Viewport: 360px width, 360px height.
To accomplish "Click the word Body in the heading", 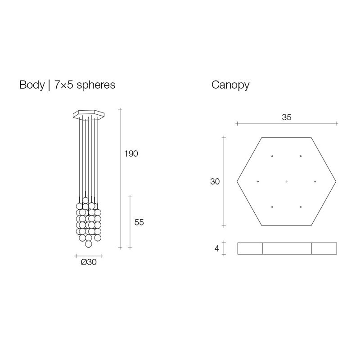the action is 32,85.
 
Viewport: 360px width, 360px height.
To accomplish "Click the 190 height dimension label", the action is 131,153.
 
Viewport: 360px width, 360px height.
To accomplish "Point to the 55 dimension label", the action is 139,222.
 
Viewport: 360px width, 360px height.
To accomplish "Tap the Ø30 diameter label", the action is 89,262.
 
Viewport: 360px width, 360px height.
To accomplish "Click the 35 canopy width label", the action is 287,117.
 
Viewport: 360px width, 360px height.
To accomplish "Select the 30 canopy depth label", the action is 215,182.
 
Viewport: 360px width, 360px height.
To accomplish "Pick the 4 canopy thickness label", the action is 217,248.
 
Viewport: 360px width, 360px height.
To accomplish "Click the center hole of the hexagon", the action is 287,182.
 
